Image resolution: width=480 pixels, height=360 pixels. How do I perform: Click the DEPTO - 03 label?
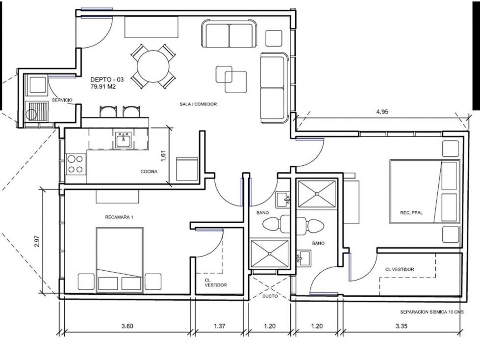pos(107,79)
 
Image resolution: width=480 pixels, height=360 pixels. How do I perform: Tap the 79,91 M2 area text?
pos(103,87)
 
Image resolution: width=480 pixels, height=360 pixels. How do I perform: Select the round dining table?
pos(153,66)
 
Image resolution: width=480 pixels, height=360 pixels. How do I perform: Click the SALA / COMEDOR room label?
pos(198,104)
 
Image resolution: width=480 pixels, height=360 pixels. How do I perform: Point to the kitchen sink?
pos(124,140)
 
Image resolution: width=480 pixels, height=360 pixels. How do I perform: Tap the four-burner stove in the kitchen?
pos(76,164)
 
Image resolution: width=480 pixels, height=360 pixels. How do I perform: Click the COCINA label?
pos(149,172)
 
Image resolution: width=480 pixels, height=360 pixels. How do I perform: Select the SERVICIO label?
pos(62,100)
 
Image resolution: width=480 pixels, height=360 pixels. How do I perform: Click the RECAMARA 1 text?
pos(119,217)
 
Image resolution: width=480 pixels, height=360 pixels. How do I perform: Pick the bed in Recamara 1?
pos(120,260)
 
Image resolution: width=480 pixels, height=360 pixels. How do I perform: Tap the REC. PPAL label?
pos(411,213)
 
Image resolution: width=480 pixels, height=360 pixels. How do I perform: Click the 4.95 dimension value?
pos(382,112)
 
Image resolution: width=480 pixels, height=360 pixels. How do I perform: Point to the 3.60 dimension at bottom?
pos(127,326)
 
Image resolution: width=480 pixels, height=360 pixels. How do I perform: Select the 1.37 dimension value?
pos(220,326)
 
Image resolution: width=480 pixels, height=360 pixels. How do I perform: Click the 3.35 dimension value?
pos(401,326)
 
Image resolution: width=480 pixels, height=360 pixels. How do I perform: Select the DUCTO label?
pos(270,296)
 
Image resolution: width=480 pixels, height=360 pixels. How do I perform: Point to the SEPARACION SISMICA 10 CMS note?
pos(432,312)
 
